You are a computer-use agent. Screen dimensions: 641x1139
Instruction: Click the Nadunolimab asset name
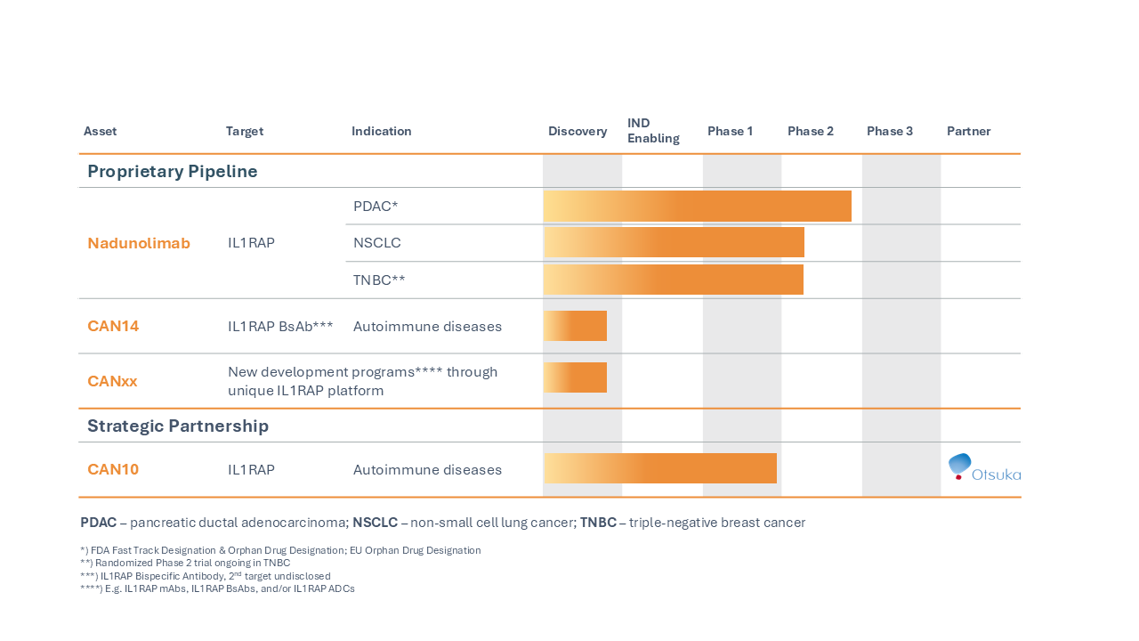point(139,243)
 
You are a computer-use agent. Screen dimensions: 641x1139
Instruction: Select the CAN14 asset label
point(113,326)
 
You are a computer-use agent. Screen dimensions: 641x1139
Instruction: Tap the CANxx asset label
point(112,381)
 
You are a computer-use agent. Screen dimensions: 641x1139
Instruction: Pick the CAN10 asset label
point(113,469)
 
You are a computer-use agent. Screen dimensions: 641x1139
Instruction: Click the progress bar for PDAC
point(697,206)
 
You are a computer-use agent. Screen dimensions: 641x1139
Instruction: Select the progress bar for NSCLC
point(674,242)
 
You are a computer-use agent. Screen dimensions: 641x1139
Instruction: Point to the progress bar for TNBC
point(673,280)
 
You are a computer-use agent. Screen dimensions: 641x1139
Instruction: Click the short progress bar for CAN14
point(575,326)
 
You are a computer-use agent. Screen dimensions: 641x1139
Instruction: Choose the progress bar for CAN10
point(659,468)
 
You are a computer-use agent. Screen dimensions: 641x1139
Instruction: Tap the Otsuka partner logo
point(983,468)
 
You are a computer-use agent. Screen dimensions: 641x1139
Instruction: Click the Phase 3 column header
point(890,131)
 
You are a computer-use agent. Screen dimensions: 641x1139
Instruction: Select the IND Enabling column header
point(653,131)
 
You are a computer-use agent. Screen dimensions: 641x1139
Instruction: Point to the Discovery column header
point(578,131)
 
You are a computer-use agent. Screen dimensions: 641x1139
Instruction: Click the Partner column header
point(968,131)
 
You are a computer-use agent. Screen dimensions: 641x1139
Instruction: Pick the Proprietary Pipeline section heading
point(173,171)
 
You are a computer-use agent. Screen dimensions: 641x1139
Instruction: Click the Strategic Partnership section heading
point(178,426)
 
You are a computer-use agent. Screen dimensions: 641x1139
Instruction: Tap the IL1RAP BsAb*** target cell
point(280,326)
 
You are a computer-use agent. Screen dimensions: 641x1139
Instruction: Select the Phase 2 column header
point(811,131)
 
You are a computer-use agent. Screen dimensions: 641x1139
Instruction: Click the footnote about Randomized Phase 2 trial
point(185,563)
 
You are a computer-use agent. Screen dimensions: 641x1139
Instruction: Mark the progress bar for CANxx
point(575,377)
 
